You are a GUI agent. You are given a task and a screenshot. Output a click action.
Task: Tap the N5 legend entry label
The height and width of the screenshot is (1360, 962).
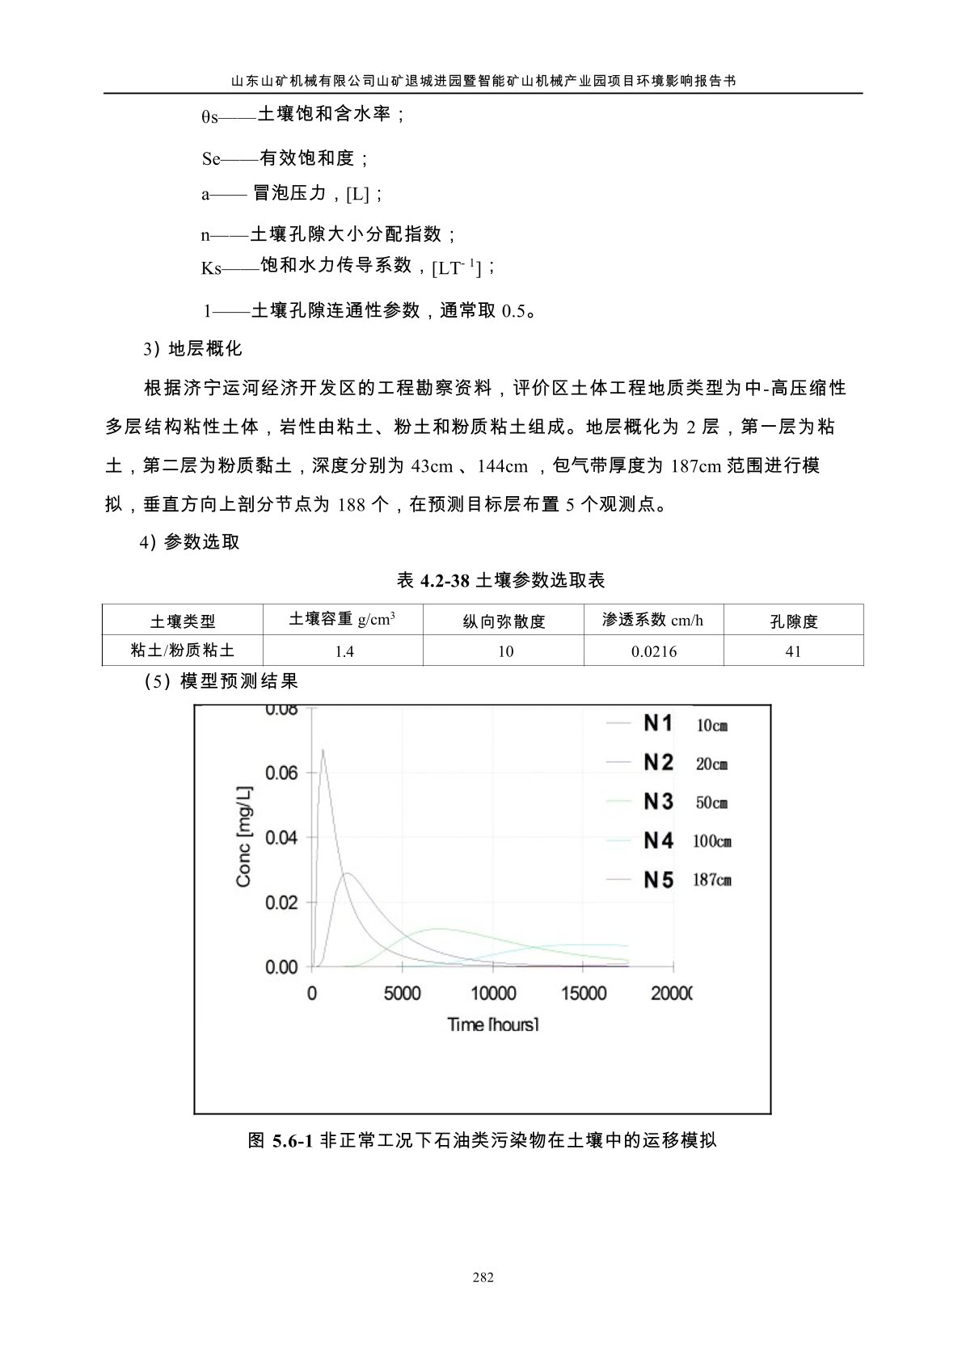tap(658, 879)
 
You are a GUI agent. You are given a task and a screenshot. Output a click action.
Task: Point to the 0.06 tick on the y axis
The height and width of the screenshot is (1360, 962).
tap(281, 773)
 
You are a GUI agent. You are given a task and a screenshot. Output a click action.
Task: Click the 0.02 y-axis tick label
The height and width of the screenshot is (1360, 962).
tap(281, 902)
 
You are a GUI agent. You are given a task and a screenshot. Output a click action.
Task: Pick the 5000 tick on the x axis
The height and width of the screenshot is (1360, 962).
tap(402, 992)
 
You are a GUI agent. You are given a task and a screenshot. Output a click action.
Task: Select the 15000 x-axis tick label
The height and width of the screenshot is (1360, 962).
tap(584, 992)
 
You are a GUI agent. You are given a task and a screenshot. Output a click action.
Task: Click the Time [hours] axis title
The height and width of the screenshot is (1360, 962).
tap(493, 1025)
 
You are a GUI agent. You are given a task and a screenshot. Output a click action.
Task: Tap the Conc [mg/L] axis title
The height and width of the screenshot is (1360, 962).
tap(244, 837)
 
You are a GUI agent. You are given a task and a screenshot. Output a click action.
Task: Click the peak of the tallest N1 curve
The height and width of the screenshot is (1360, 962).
tap(323, 749)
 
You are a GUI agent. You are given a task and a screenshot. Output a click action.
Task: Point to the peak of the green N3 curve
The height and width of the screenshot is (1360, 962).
tap(441, 928)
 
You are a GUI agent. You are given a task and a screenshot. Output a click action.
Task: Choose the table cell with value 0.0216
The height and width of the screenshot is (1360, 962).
tap(654, 651)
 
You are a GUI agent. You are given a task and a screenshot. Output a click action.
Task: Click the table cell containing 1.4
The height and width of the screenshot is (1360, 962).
tap(344, 651)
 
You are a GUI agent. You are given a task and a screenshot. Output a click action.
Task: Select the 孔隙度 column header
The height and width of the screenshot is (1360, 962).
tap(794, 621)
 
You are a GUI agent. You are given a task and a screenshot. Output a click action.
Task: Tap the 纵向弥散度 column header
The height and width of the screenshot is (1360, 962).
tap(504, 621)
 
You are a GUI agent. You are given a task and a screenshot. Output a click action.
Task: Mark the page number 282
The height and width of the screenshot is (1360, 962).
tap(483, 1278)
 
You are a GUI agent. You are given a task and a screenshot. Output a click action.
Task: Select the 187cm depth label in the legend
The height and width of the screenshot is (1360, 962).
tap(712, 879)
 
